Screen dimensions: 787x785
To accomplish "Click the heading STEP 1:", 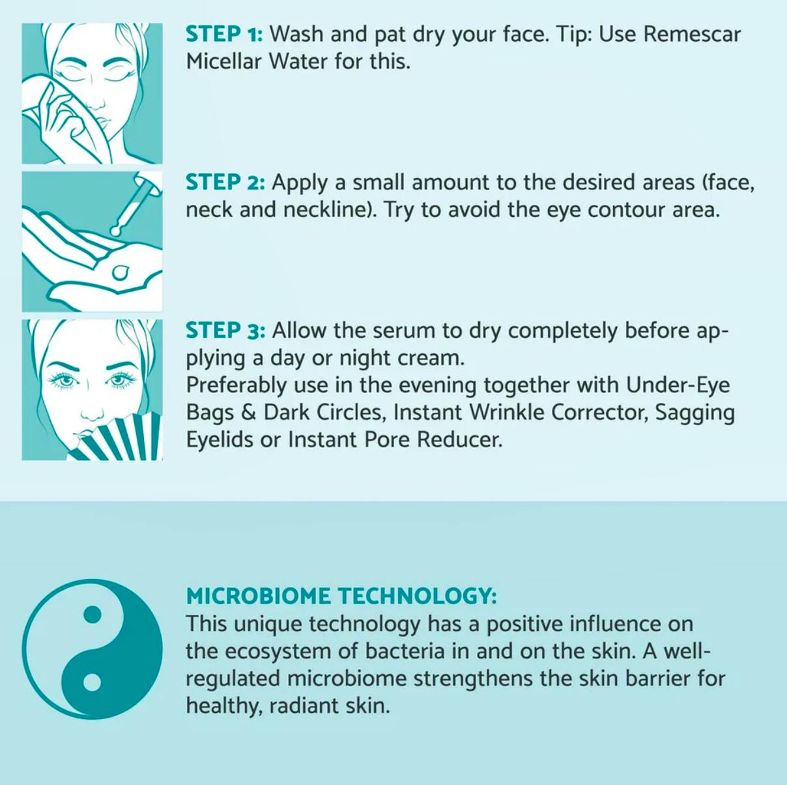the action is coord(225,34).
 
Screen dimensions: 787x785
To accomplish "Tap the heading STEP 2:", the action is coord(225,182).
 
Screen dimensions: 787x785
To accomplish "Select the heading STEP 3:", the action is coord(225,331).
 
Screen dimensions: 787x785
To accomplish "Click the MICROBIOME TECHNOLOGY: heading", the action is coord(341,596).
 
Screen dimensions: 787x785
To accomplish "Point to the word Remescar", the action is coord(692,34).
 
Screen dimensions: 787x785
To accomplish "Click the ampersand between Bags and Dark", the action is coord(248,413).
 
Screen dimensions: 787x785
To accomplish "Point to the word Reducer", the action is coord(460,440).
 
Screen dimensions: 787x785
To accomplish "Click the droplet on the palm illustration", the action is coord(121,271).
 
